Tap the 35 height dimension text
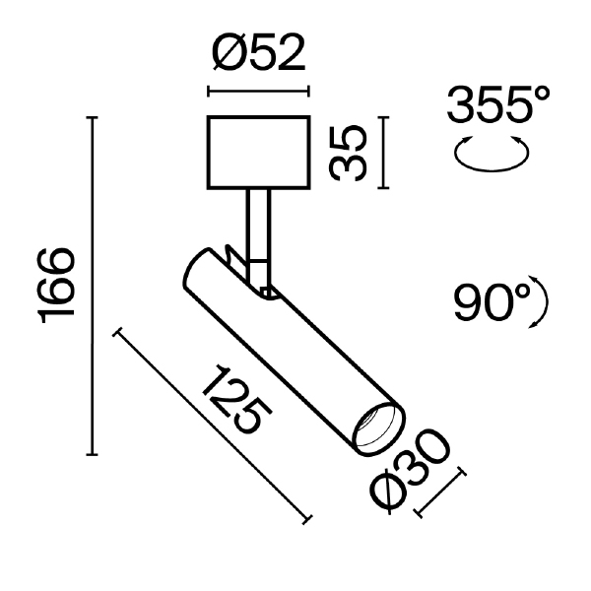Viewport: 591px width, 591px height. coord(349,153)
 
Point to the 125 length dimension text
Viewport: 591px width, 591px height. coord(235,403)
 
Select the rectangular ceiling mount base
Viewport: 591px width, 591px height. coord(258,153)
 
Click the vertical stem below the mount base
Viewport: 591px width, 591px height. coord(258,222)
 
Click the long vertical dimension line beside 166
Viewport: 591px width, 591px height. coord(94,287)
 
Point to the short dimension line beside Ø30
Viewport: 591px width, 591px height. coord(440,493)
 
